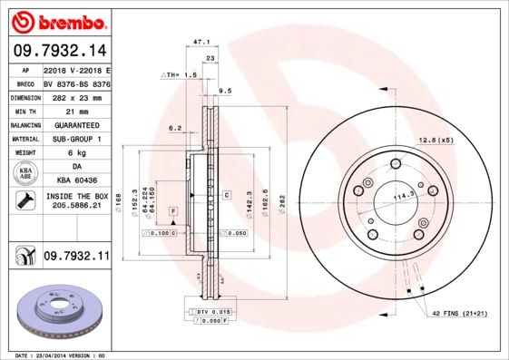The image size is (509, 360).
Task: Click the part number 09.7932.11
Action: click(x=75, y=258)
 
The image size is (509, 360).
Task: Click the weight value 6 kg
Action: click(x=75, y=152)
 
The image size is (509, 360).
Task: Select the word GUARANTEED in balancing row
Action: click(x=75, y=125)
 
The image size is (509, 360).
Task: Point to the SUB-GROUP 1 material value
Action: click(x=75, y=139)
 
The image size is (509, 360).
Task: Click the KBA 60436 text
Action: click(x=75, y=181)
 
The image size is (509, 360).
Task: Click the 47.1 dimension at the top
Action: click(x=202, y=42)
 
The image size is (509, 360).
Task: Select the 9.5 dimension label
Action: click(x=226, y=91)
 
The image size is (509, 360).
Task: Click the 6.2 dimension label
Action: click(x=175, y=129)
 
